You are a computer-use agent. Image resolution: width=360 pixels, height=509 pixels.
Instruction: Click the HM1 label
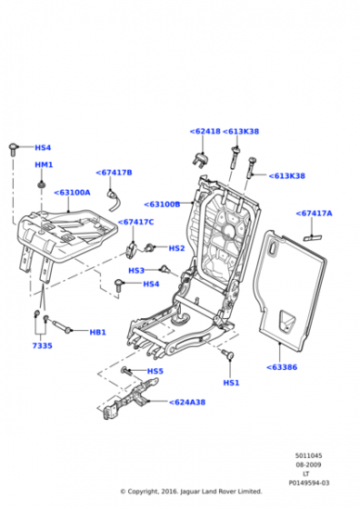click(x=44, y=165)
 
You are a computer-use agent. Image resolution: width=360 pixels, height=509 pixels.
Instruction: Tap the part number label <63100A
click(x=72, y=193)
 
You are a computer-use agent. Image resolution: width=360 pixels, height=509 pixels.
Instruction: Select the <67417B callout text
click(x=114, y=173)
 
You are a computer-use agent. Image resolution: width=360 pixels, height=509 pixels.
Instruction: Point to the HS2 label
click(x=176, y=248)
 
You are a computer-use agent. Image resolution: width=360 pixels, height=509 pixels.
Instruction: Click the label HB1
click(x=97, y=333)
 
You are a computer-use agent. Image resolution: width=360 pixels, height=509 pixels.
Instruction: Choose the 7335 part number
click(x=42, y=346)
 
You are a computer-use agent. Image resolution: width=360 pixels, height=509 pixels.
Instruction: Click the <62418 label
click(x=205, y=132)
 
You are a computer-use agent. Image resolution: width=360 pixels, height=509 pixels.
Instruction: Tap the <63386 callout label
click(x=282, y=367)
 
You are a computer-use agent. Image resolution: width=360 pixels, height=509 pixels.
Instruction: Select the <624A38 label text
click(x=187, y=402)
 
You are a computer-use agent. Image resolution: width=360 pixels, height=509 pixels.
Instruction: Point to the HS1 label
click(x=231, y=383)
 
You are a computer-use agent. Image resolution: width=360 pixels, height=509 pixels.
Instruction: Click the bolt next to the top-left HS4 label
click(x=13, y=149)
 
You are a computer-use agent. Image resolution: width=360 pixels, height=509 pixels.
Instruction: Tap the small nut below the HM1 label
click(x=42, y=185)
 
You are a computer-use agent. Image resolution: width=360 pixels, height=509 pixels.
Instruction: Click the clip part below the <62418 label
click(x=200, y=159)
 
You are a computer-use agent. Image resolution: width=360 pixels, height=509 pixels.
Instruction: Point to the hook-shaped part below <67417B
click(x=114, y=201)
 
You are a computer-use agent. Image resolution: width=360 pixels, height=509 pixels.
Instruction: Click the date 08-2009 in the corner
click(x=308, y=464)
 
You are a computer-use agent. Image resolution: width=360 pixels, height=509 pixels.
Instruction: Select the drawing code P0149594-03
click(x=309, y=483)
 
